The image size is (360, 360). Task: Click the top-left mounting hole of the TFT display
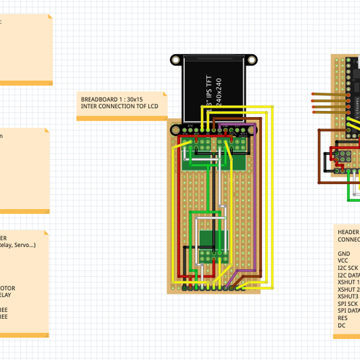point(175,59)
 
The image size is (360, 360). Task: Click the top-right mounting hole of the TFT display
point(253,59)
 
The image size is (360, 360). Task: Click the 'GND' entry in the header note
point(343,254)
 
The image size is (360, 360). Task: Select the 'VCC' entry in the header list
point(343,261)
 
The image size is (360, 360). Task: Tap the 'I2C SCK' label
point(347,268)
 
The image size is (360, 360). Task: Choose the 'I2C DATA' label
point(348,275)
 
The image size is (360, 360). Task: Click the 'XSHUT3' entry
point(347,296)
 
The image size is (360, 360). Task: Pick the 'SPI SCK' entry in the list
point(347,304)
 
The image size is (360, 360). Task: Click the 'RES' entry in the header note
point(342,318)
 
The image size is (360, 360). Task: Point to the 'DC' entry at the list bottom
point(341,325)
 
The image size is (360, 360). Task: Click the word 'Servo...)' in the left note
point(24,245)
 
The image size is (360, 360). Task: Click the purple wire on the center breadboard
point(257,198)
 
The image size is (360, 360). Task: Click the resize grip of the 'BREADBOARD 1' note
point(165,118)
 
